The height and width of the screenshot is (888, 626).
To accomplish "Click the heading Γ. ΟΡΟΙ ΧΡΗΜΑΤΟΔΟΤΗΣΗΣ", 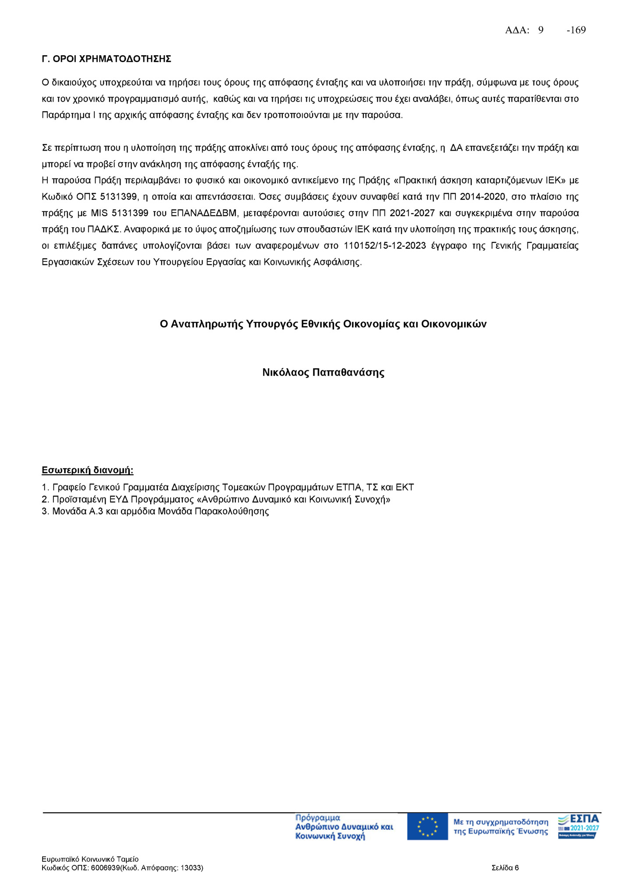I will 106,59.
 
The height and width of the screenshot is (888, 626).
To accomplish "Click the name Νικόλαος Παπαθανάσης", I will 323,373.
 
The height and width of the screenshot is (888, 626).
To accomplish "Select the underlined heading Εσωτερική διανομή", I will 87,470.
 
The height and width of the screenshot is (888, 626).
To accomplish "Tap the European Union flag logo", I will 427,827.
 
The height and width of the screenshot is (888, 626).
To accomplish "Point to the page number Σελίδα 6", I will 505,868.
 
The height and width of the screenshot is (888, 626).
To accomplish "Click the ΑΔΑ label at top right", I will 517,30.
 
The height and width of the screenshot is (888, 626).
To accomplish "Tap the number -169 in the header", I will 576,30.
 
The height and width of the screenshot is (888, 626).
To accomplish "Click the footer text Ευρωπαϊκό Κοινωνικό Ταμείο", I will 90,859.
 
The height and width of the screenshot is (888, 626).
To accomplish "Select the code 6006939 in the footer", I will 105,868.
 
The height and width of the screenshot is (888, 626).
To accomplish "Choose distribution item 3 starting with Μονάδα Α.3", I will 155,511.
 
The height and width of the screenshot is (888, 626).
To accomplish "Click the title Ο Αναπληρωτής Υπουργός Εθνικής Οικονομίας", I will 323,324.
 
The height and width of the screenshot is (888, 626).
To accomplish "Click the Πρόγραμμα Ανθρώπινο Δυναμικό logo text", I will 344,827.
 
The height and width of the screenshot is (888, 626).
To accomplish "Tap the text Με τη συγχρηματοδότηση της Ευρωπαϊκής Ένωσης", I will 501,827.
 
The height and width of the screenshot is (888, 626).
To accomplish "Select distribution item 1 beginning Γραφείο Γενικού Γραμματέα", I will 228,487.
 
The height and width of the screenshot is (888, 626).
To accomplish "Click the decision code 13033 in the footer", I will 191,868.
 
